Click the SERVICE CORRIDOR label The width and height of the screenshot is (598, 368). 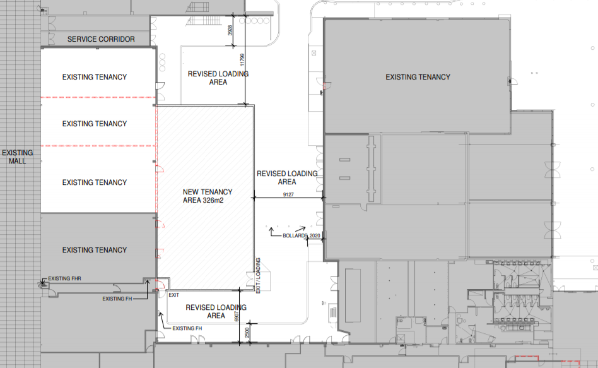[101, 39]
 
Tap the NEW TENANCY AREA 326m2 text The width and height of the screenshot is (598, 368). [208, 196]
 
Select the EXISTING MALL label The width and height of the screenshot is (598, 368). [18, 157]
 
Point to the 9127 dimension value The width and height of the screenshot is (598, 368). [288, 194]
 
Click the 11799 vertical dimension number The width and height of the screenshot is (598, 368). [242, 60]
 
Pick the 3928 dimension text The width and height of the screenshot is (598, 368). [230, 30]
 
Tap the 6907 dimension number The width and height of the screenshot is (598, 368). [237, 316]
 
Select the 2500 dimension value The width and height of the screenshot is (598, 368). [247, 333]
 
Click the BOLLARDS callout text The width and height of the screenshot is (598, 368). [295, 235]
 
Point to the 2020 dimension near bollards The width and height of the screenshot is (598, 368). [315, 235]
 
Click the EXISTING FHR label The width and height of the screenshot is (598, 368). [64, 278]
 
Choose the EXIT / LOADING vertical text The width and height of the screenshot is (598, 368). [258, 276]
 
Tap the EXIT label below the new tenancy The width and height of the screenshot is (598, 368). [174, 295]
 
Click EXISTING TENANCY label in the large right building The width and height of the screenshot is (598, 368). [418, 77]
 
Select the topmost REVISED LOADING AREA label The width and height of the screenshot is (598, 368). [218, 78]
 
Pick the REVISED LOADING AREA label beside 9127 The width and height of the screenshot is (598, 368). [287, 177]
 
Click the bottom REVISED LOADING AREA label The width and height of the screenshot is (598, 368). [216, 311]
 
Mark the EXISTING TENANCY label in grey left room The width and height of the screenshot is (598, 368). [95, 250]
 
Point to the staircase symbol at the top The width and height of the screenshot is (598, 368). [198, 8]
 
